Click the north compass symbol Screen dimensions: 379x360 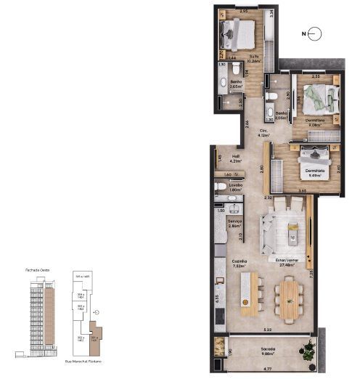tap(314, 33)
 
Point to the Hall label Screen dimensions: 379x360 tap(235, 155)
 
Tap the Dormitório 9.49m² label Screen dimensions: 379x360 tap(314, 173)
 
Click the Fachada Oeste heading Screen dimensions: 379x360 tap(36, 269)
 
